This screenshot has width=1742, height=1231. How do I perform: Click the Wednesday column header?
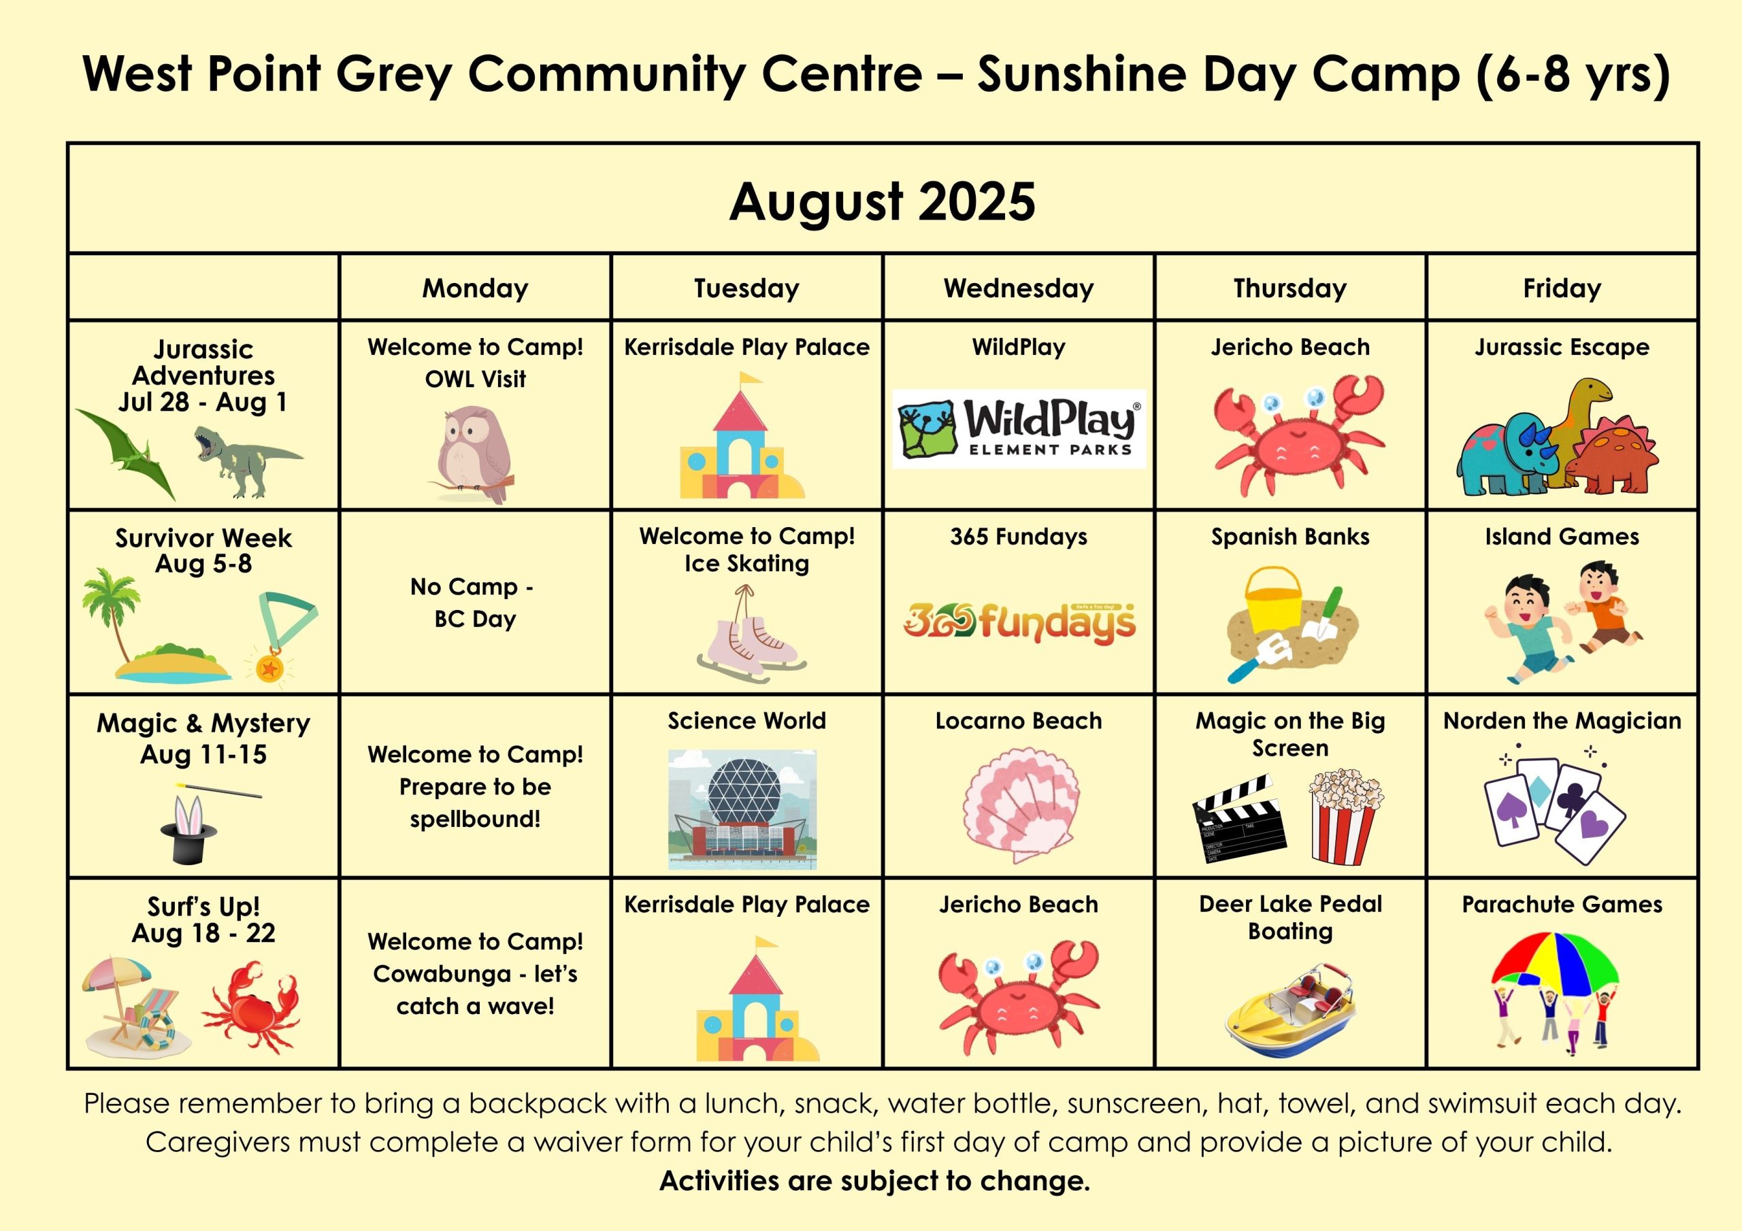click(1018, 288)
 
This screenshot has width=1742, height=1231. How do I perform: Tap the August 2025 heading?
click(882, 201)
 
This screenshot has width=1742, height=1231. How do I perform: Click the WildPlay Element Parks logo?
click(1018, 428)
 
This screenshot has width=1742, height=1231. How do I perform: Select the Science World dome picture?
click(742, 809)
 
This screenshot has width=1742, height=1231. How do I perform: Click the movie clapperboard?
click(1238, 818)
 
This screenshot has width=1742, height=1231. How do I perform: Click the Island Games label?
click(1562, 537)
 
